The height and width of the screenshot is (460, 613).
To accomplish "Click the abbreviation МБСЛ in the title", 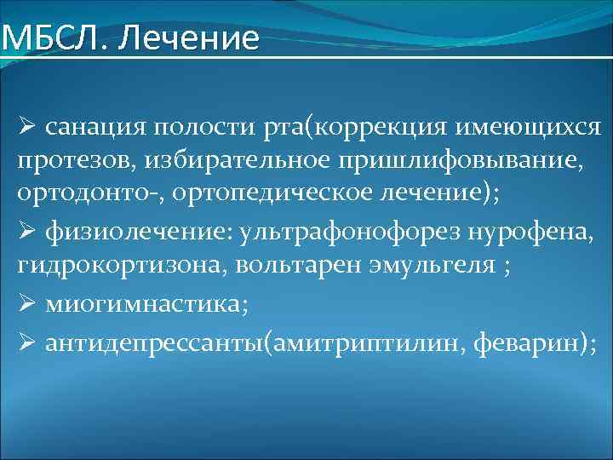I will point(50,38).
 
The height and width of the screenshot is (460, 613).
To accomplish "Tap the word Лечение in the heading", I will point(185,38).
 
